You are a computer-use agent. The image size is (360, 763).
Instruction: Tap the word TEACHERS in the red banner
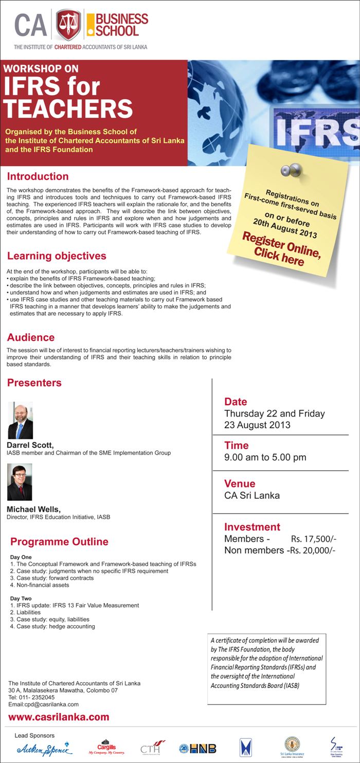pos(68,108)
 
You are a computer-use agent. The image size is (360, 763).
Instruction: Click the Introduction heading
pos(38,176)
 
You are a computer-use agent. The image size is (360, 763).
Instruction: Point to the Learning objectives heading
pos(57,256)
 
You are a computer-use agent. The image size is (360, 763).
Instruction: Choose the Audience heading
pos(31,337)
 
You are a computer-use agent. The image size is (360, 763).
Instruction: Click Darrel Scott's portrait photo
pos(20,420)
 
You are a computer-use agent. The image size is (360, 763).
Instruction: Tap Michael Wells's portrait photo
pos(20,482)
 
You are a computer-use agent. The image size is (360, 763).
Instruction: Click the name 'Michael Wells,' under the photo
pos(33,508)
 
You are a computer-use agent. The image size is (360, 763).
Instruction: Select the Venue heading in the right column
pos(240,483)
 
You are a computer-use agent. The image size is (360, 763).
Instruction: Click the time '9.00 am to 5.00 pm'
pos(265,457)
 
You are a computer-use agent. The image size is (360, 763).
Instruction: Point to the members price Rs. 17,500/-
pos(313,539)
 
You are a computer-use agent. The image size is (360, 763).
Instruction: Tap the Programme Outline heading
pos(59,541)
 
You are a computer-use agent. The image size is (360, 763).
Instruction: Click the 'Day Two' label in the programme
pos(21,598)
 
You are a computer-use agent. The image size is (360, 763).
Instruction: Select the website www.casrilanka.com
pos(59,717)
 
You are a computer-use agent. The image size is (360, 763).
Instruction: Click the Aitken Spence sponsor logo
pos(44,748)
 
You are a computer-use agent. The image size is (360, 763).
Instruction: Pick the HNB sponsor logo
pos(197,749)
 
